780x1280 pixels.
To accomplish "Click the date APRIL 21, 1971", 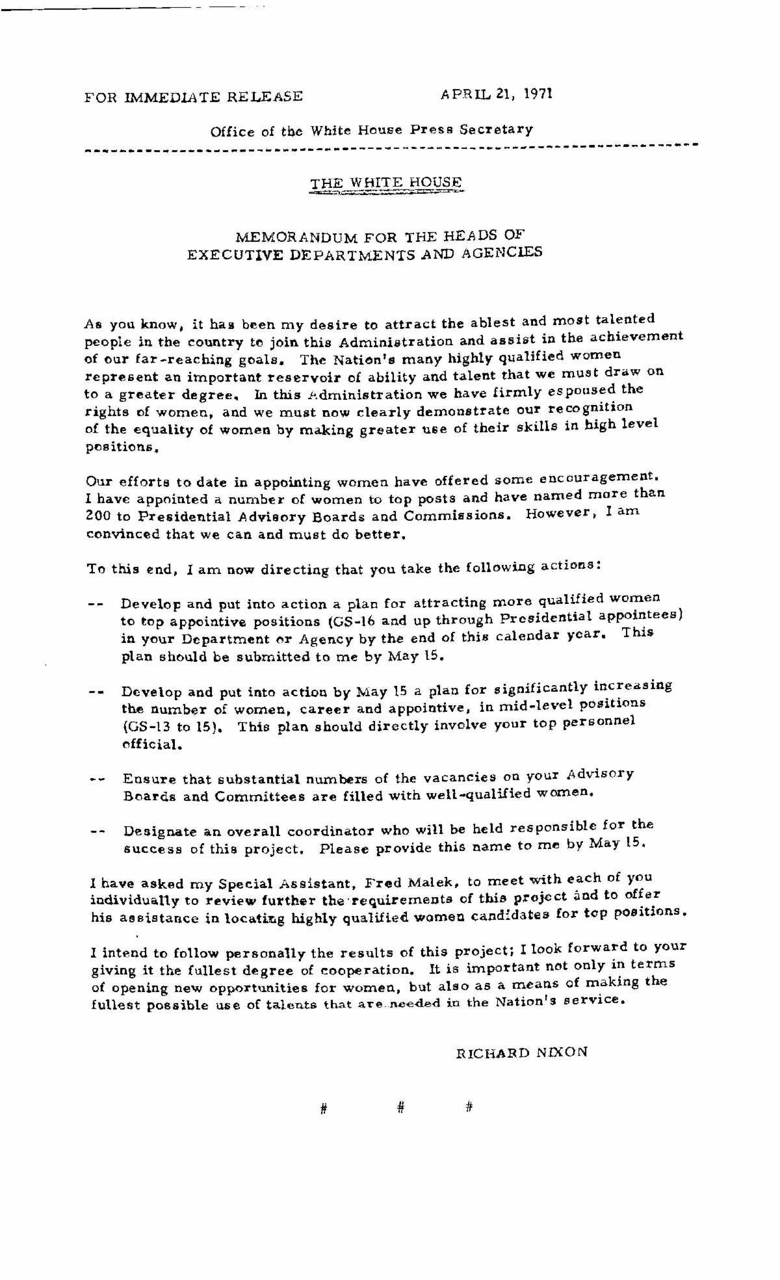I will [496, 94].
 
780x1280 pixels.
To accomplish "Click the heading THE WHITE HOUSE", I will [385, 183].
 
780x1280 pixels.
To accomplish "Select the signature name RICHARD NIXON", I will [522, 1052].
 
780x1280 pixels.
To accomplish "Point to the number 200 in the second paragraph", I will [99, 517].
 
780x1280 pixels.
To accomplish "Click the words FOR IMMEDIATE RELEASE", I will [193, 97].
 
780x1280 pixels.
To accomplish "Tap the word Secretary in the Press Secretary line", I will [496, 129].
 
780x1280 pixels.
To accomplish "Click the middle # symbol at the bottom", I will [400, 1108].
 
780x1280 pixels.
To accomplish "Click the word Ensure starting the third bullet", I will [145, 779].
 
